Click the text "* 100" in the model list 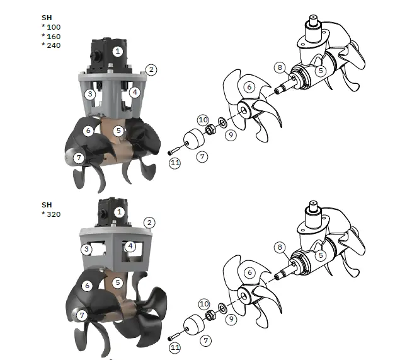pyautogui.click(x=52, y=28)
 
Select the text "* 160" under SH pyautogui.click(x=52, y=37)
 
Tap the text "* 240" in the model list pyautogui.click(x=52, y=45)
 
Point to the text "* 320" pyautogui.click(x=52, y=214)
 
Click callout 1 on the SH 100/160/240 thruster pyautogui.click(x=118, y=51)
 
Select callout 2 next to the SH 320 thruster pyautogui.click(x=149, y=223)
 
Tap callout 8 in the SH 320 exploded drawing pyautogui.click(x=279, y=248)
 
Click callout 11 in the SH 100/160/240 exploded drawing pyautogui.click(x=175, y=163)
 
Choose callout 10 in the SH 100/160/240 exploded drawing pyautogui.click(x=203, y=119)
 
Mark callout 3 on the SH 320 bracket pyautogui.click(x=86, y=250)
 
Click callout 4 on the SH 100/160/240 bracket pyautogui.click(x=135, y=92)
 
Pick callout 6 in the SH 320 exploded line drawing pyautogui.click(x=249, y=272)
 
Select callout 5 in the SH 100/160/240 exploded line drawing pyautogui.click(x=321, y=71)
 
